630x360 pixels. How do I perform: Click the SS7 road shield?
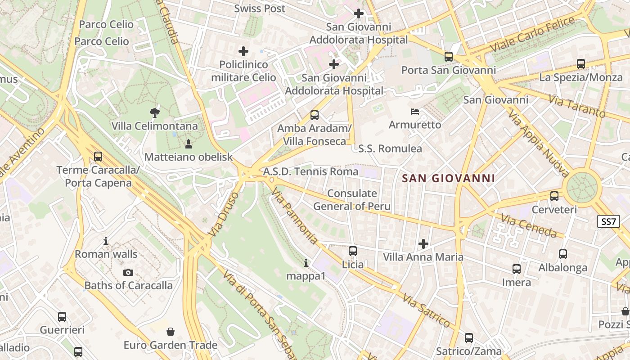608,221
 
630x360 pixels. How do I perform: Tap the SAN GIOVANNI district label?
448,178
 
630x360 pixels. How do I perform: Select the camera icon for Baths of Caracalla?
128,272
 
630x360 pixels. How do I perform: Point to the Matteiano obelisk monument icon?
188,144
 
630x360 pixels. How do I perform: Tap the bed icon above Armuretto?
415,111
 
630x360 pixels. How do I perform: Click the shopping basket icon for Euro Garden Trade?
171,332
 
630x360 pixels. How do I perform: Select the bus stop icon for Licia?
353,251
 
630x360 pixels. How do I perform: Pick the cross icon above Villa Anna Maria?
423,244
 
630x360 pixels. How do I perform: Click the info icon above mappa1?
306,263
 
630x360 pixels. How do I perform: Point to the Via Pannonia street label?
294,216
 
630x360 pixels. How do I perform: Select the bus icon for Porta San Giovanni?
448,57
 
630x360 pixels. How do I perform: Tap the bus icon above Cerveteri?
554,196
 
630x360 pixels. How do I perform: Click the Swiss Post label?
260,9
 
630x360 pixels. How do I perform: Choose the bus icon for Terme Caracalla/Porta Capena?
98,157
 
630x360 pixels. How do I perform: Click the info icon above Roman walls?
106,241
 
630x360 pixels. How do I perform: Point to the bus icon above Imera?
516,269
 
